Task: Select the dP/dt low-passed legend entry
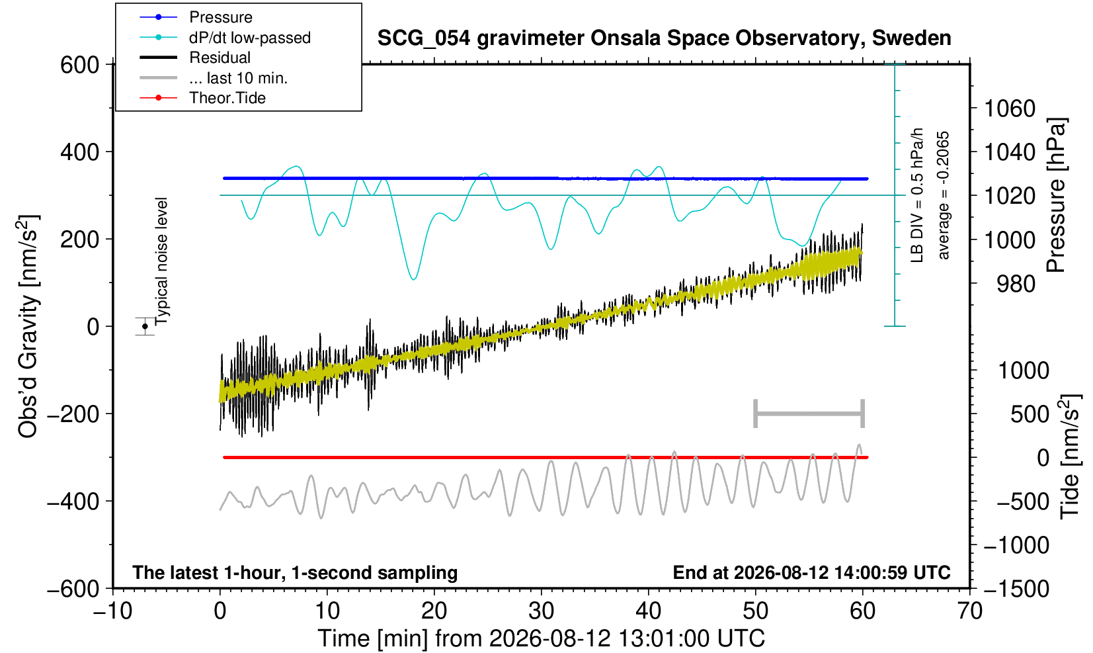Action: point(225,38)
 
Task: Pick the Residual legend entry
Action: point(195,58)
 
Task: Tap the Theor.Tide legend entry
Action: point(202,98)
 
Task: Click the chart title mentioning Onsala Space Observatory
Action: point(664,38)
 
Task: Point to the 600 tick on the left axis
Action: point(80,65)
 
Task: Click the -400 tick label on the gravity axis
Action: point(73,501)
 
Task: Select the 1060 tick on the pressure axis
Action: point(1010,109)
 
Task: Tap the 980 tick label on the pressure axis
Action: point(1016,284)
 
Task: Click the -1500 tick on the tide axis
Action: point(1016,589)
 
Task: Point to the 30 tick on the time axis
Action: point(541,611)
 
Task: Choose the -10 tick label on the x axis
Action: point(112,611)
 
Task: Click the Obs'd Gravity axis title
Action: point(28,326)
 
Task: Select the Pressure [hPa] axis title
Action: point(1057,195)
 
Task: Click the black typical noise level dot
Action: point(145,326)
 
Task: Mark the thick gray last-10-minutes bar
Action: point(809,414)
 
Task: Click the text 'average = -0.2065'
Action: point(943,195)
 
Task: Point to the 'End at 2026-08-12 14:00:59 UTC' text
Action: point(811,572)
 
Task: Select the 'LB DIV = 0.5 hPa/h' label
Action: point(917,195)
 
